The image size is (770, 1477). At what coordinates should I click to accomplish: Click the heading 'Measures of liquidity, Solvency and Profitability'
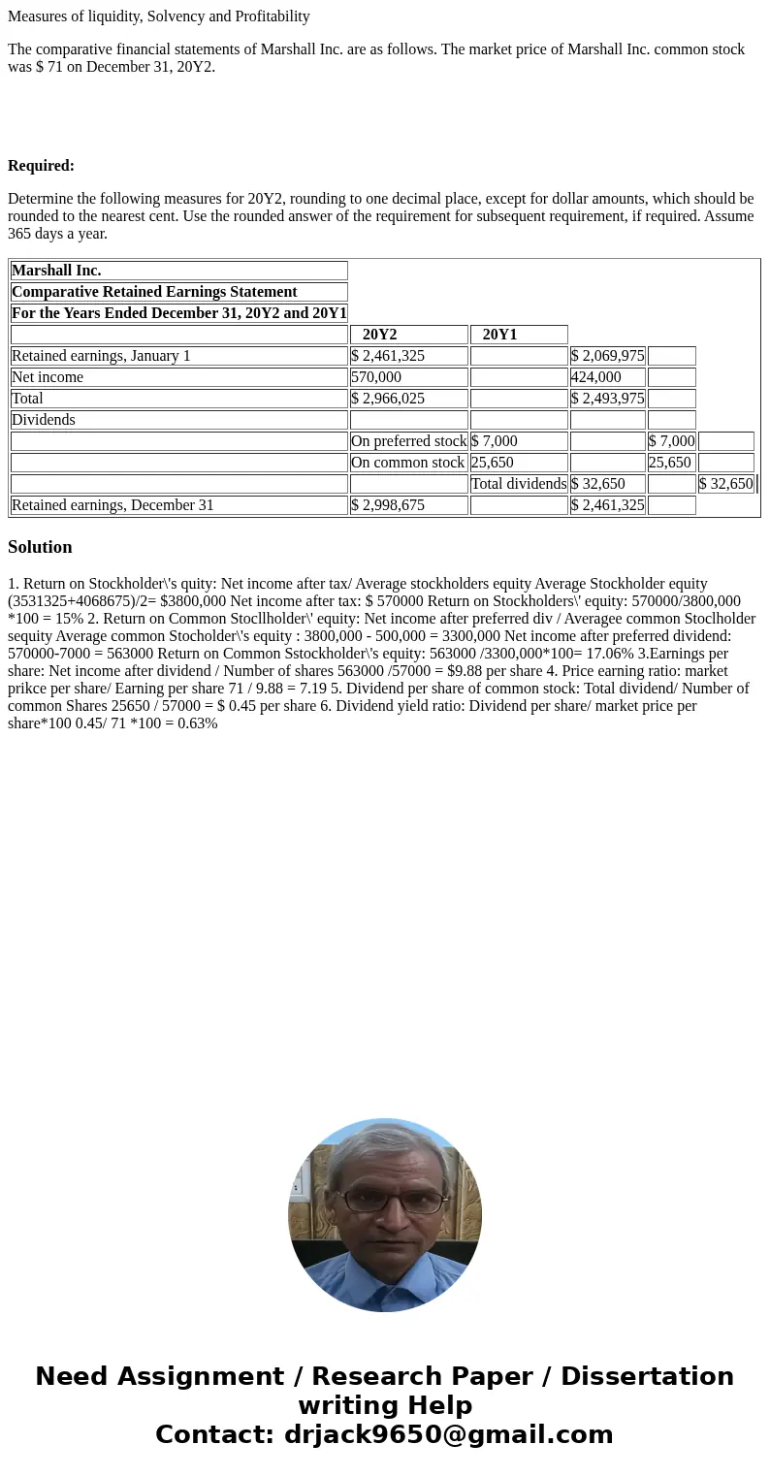[159, 16]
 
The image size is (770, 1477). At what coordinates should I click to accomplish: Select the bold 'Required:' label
[41, 166]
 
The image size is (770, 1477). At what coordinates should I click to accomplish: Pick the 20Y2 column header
[379, 335]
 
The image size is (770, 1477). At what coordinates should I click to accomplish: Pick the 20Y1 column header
[499, 335]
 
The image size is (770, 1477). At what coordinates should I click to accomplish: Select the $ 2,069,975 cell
[607, 356]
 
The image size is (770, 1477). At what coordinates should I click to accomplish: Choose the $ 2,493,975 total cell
[607, 399]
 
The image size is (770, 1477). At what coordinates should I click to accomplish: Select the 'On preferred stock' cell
[408, 441]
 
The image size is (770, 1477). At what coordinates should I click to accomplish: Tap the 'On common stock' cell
[407, 463]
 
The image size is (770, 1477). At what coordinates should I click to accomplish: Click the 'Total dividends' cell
[519, 484]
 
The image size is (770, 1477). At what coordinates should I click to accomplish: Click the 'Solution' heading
[40, 547]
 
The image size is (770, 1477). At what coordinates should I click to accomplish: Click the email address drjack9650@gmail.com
[448, 1434]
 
